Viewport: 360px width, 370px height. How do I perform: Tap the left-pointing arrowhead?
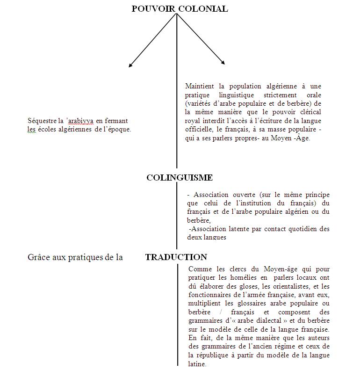(x=131, y=65)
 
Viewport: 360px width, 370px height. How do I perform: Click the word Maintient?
(x=200, y=87)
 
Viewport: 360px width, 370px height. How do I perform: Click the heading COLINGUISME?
(x=180, y=178)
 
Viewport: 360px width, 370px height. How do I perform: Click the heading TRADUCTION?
(x=176, y=257)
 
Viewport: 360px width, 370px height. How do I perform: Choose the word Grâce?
(x=38, y=257)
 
